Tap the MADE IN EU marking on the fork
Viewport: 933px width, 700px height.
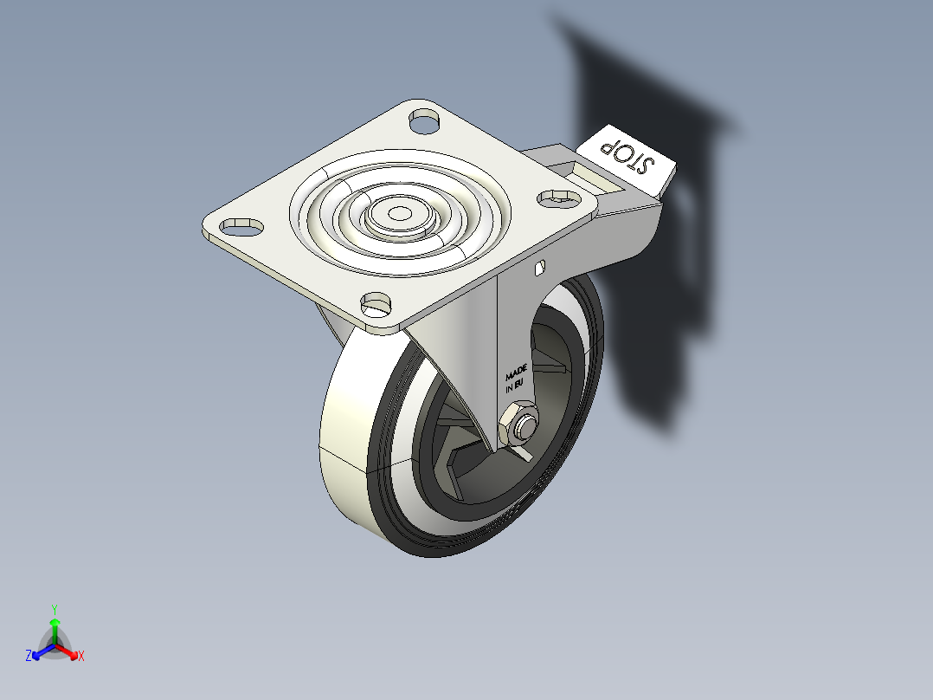point(516,379)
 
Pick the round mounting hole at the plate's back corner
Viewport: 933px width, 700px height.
point(424,119)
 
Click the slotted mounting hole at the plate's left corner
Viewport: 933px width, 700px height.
point(242,226)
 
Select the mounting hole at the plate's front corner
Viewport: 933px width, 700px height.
point(376,302)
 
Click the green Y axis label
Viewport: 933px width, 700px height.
point(54,609)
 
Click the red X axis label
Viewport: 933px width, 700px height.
point(81,656)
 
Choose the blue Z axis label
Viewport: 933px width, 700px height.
point(29,656)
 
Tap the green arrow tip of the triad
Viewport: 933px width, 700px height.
point(55,622)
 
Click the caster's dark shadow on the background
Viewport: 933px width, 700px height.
point(658,260)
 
